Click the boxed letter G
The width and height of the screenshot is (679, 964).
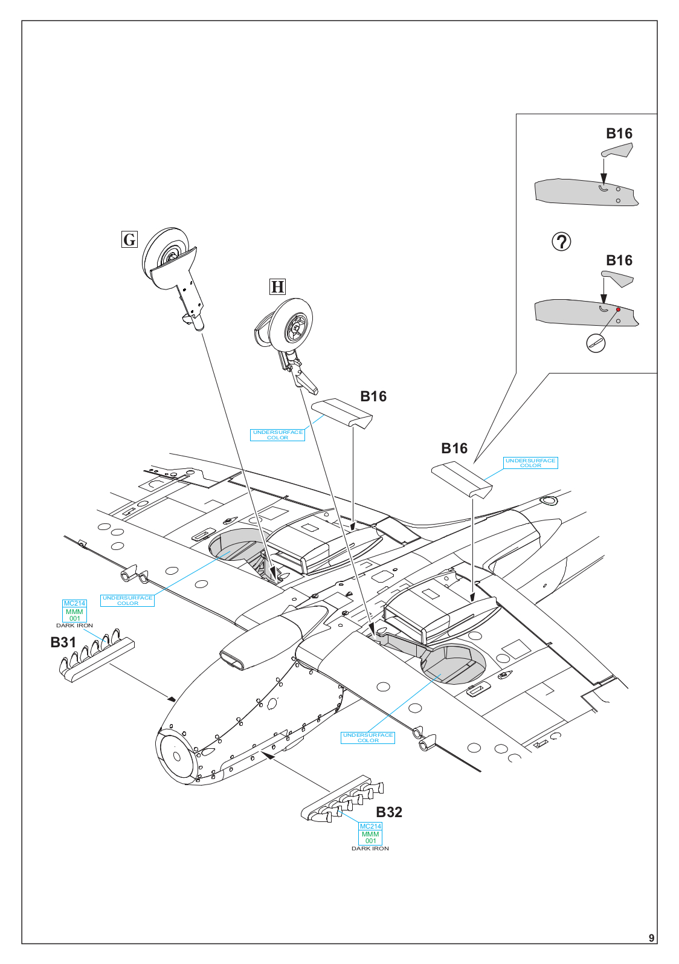[x=129, y=239]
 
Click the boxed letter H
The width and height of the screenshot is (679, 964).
[x=277, y=286]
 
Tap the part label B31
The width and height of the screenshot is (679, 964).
[x=63, y=642]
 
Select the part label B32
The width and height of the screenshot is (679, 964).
[x=389, y=812]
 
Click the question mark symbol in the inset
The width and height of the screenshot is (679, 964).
[x=561, y=242]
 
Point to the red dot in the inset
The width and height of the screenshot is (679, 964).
[x=619, y=309]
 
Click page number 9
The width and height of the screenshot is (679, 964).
[x=651, y=938]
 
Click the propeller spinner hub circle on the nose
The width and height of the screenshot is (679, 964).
[x=177, y=757]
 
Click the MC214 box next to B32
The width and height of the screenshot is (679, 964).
[x=370, y=826]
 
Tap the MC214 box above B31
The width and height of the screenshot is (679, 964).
[x=74, y=604]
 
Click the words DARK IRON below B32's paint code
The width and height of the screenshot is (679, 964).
[x=370, y=849]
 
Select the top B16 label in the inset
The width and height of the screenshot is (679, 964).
[x=619, y=134]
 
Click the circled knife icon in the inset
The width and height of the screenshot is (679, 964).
[x=596, y=343]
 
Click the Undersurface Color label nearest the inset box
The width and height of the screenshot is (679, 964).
[x=530, y=463]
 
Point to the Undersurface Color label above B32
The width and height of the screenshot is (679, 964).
[x=368, y=737]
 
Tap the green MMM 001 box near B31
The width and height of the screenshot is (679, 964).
[x=74, y=615]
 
